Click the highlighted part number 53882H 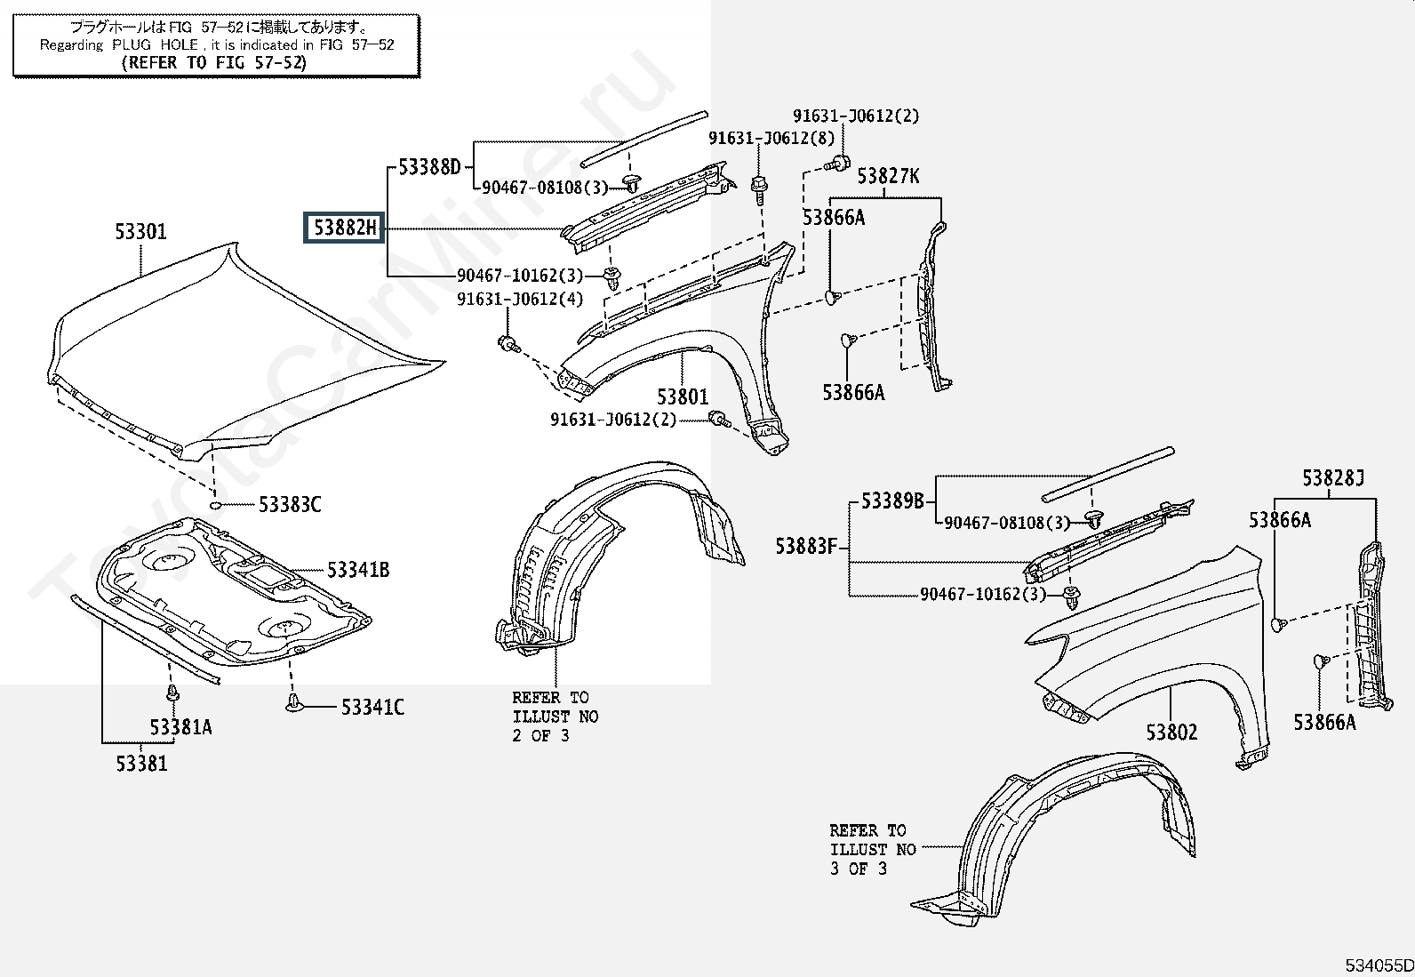(344, 228)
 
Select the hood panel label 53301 (140, 232)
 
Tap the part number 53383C (290, 505)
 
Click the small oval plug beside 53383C (215, 505)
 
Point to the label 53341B (358, 570)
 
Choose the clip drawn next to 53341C (293, 702)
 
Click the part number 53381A (180, 728)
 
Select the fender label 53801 (683, 397)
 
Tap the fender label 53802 (1171, 733)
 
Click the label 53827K (888, 176)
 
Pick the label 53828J (1333, 478)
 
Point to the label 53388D (429, 167)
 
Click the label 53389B (892, 501)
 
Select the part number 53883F (807, 546)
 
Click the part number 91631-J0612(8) (771, 139)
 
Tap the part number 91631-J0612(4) (520, 299)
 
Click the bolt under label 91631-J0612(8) (759, 189)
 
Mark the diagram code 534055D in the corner (1379, 965)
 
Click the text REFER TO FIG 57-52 (214, 62)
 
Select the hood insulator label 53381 (141, 764)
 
